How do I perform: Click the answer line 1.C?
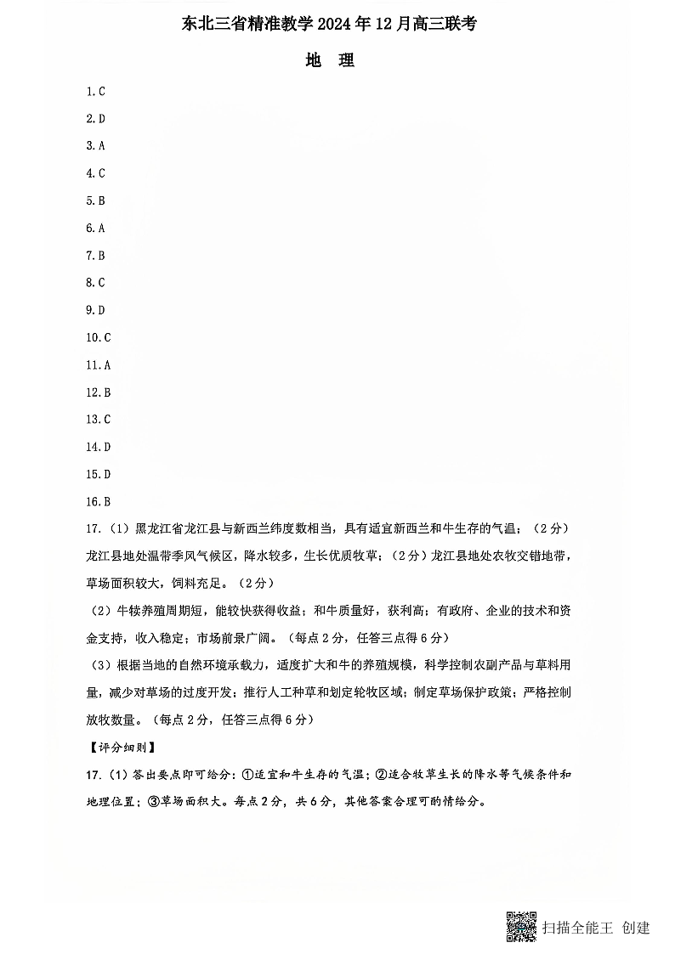[95, 91]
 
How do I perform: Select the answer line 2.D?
[95, 119]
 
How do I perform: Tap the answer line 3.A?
[95, 146]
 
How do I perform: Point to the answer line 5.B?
[95, 201]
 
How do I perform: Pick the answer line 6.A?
[95, 229]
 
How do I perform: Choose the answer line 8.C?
[95, 283]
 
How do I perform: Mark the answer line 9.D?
[95, 311]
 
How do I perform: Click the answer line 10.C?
[99, 338]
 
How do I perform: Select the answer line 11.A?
[99, 365]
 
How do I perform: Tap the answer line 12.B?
[99, 392]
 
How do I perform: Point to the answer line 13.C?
[99, 420]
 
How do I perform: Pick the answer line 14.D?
[99, 448]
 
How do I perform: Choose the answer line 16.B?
[99, 502]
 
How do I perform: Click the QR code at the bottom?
[521, 927]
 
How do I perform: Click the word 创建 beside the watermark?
[636, 928]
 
